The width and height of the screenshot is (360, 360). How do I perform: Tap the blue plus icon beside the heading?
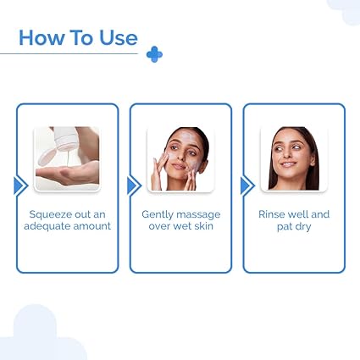[154, 54]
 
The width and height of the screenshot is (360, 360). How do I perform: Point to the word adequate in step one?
[52, 226]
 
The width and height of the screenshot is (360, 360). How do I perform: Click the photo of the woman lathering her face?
[180, 158]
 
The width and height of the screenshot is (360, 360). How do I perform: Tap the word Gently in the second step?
[158, 214]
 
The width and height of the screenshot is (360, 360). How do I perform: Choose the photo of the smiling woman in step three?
[293, 158]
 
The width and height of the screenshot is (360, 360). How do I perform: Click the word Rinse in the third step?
[274, 214]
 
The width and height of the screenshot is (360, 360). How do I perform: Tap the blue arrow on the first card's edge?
[19, 186]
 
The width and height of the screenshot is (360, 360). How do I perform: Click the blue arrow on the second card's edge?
[133, 186]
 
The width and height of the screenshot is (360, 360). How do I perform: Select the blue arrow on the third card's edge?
[246, 186]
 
